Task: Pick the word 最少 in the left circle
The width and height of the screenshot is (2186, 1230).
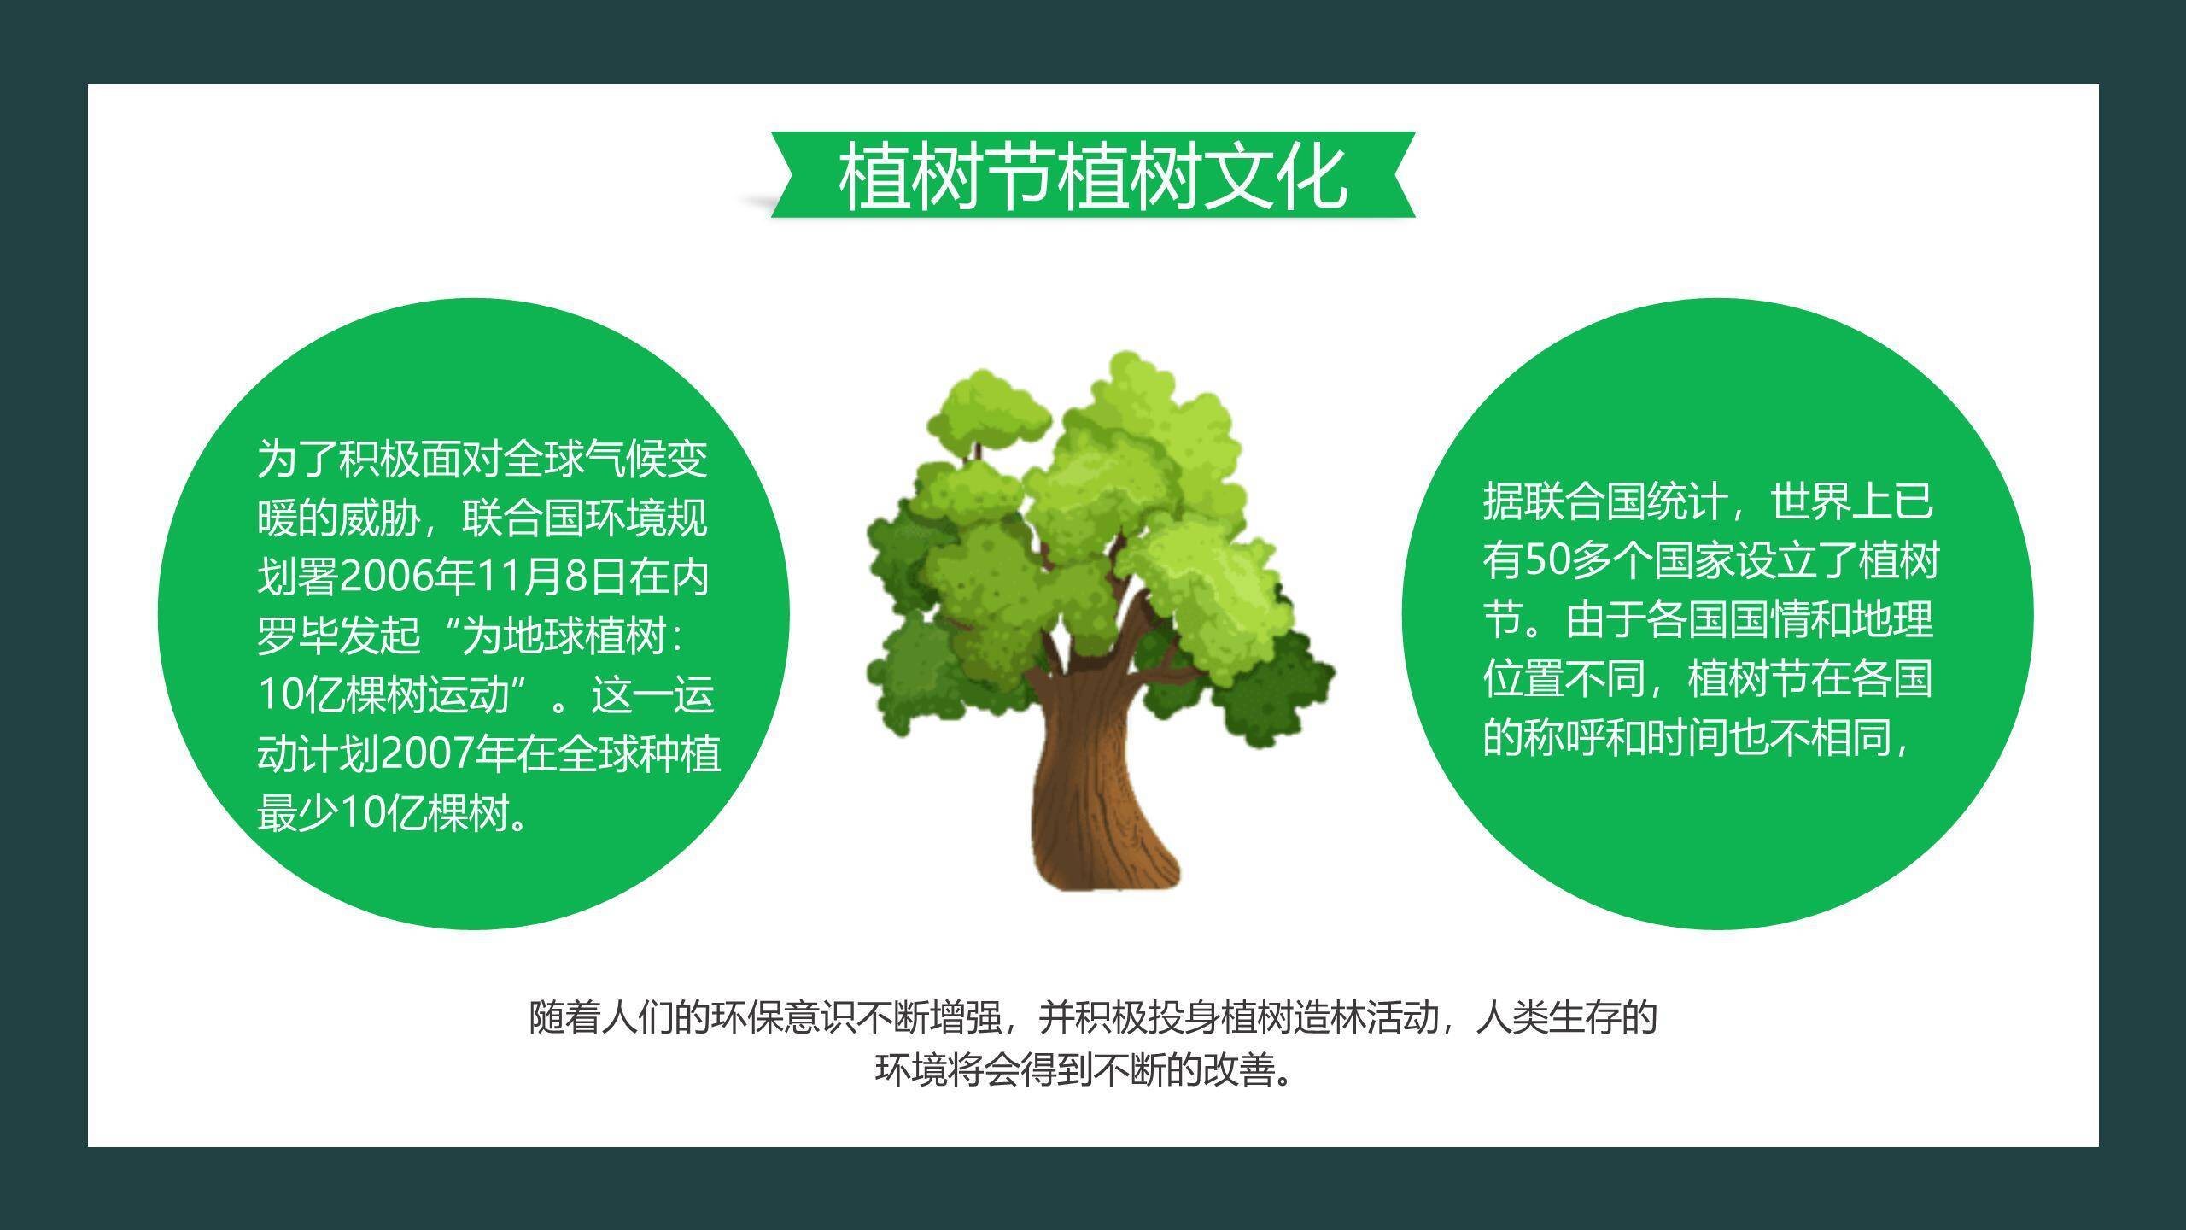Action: (x=298, y=813)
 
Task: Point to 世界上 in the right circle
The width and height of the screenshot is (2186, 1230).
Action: (x=1831, y=501)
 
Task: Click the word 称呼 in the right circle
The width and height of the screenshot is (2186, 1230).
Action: (x=1564, y=737)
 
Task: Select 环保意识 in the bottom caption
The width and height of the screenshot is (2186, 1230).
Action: (x=785, y=1017)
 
